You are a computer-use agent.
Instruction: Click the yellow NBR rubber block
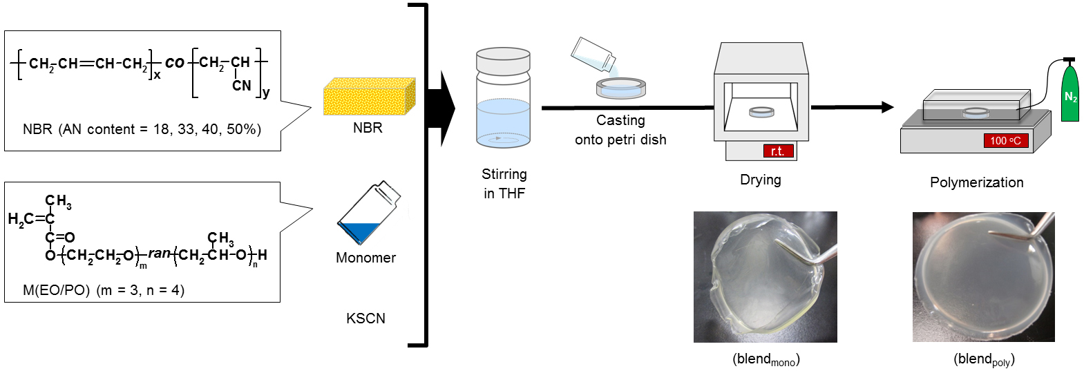[x=369, y=97]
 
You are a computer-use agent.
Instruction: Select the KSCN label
[x=365, y=318]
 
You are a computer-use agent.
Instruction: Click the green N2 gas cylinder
[x=1069, y=94]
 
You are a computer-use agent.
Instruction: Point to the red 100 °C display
[x=1005, y=141]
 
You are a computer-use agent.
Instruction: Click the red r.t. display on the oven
[x=777, y=151]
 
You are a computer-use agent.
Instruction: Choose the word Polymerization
[x=976, y=182]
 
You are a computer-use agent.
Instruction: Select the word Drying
[x=760, y=180]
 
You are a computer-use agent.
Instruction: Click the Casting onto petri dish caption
[x=620, y=130]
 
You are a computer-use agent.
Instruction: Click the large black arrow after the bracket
[x=441, y=108]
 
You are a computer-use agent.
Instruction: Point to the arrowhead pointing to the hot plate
[x=887, y=107]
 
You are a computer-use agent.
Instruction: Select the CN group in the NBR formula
[x=241, y=86]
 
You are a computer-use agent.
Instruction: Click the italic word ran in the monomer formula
[x=159, y=254]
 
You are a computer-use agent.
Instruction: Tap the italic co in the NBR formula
[x=174, y=63]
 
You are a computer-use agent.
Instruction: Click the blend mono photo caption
[x=766, y=359]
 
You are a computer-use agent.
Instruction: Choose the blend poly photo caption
[x=984, y=359]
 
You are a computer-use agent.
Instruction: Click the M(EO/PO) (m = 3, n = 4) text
[x=104, y=290]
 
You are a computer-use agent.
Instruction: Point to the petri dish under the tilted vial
[x=620, y=88]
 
